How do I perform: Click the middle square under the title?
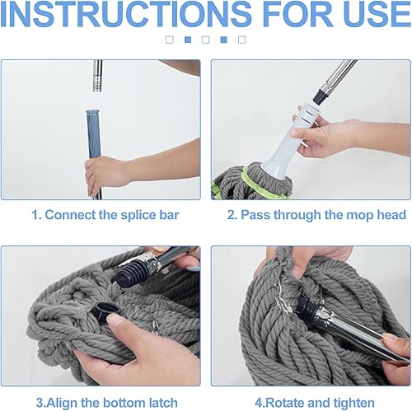(x=206, y=40)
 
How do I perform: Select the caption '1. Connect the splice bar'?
(x=105, y=215)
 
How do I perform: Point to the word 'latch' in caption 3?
(x=163, y=403)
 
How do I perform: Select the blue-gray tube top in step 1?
(x=92, y=113)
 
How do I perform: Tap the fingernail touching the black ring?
(x=115, y=320)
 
